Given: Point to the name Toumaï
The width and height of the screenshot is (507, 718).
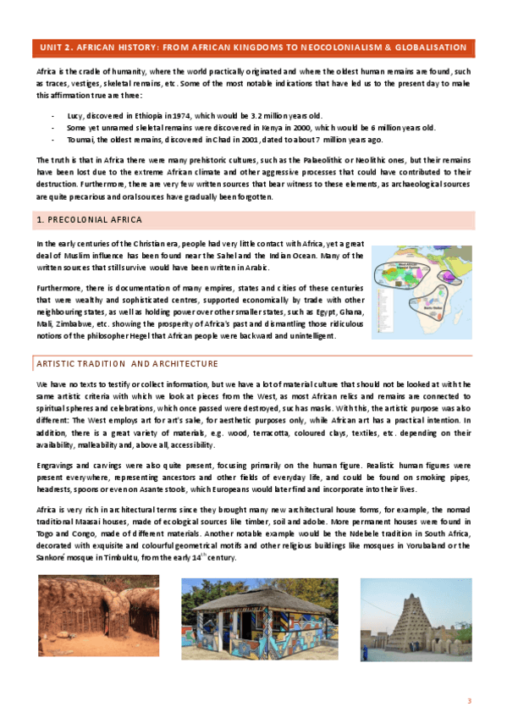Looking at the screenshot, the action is click(x=82, y=139).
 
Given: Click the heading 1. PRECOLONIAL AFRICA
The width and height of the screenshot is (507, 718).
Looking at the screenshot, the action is click(x=84, y=220).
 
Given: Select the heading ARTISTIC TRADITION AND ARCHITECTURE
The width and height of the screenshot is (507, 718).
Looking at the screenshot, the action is click(x=128, y=364).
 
